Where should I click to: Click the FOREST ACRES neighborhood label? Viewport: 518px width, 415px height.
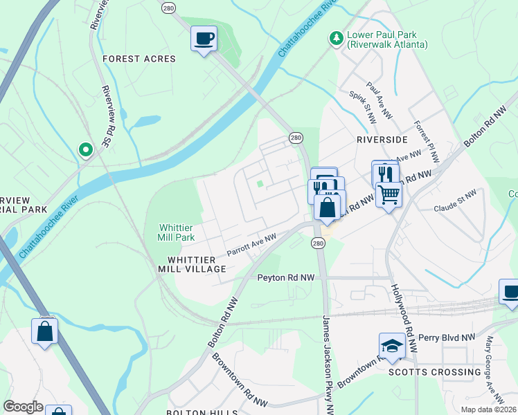[139, 59]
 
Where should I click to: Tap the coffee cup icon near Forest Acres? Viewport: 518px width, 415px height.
[204, 39]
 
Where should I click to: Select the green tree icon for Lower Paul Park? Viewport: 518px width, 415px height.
[336, 37]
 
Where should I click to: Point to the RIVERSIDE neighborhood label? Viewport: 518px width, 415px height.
[382, 139]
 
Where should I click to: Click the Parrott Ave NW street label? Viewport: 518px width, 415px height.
[251, 246]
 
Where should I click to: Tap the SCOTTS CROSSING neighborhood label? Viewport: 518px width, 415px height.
[436, 371]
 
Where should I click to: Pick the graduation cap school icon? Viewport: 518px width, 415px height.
[391, 346]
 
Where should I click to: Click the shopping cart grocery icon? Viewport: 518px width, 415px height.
[389, 195]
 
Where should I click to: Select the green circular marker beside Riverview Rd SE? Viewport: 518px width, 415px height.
[85, 149]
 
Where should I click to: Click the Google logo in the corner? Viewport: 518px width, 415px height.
[23, 407]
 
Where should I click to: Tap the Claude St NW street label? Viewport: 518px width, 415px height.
[456, 197]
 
